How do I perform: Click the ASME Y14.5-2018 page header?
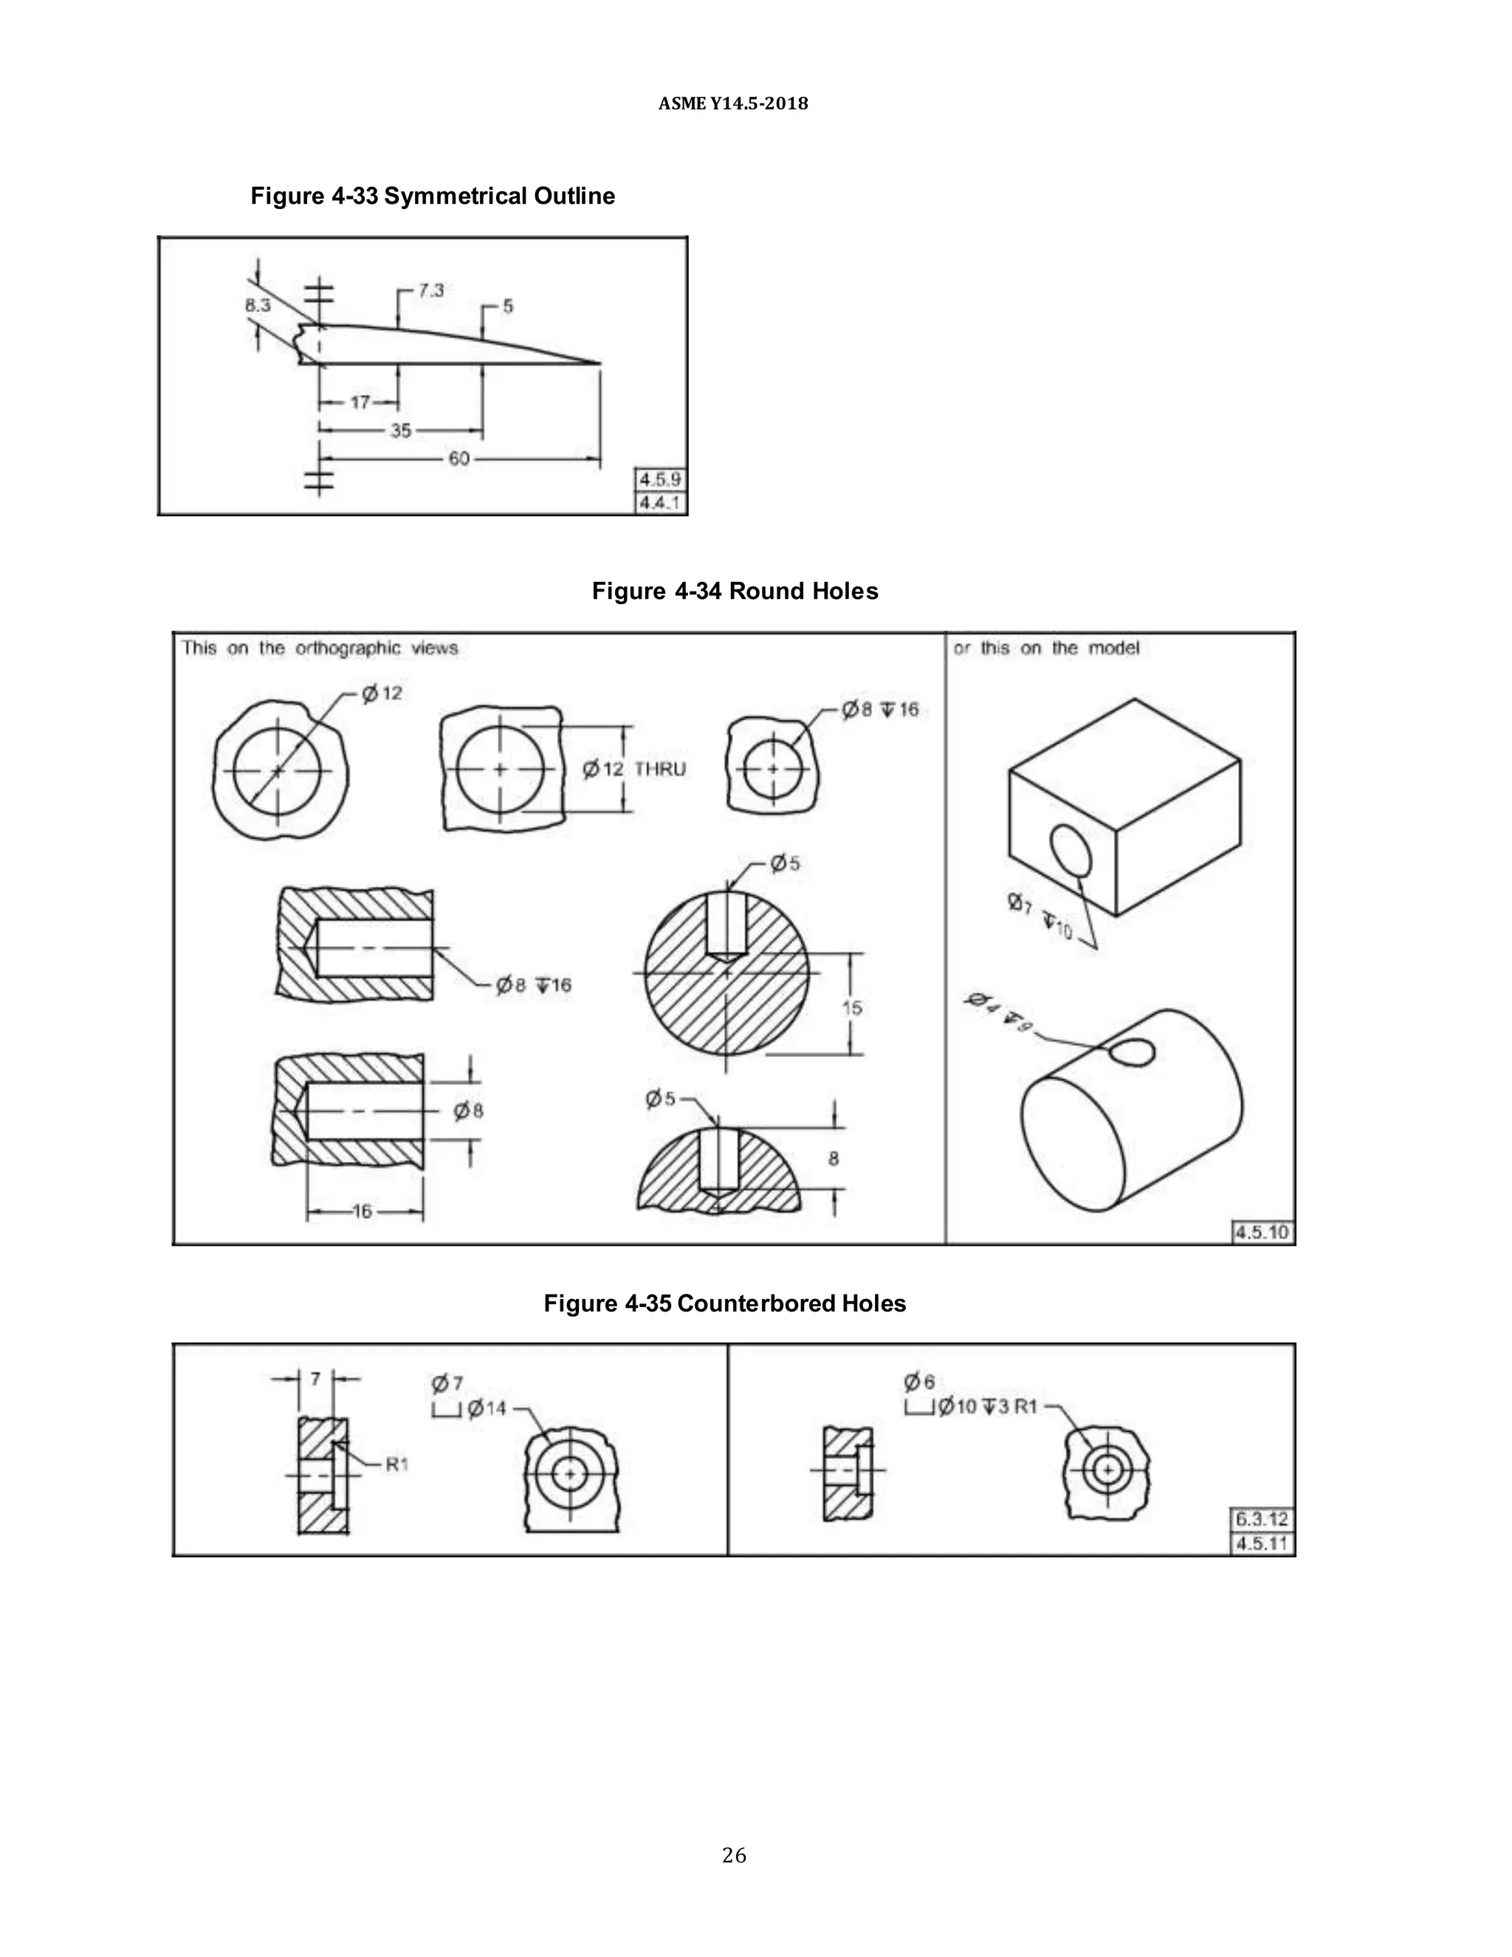tap(732, 104)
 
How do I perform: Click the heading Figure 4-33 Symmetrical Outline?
tap(433, 196)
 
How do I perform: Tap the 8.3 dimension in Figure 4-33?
tap(257, 306)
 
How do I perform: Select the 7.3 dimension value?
tap(431, 290)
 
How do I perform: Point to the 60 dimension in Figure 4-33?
tap(458, 459)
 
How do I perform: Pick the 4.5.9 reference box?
tap(660, 479)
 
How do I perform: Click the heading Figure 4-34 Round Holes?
tap(735, 592)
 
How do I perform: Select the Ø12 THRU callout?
tap(634, 769)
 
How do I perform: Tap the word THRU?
tap(660, 769)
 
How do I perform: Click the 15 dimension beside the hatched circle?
tap(852, 1008)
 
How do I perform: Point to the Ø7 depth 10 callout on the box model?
tap(1039, 916)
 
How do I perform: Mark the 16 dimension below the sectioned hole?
tap(362, 1211)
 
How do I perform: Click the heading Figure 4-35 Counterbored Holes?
tap(725, 1303)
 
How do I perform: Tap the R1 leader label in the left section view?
tap(396, 1464)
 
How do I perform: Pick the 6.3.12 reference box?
tap(1261, 1519)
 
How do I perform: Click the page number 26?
tap(734, 1856)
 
